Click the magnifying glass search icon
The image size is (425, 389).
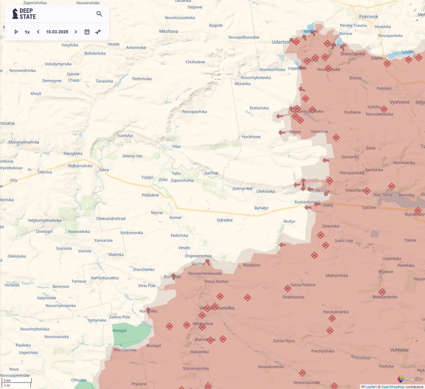coord(99,14)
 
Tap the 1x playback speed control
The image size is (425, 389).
coord(27,32)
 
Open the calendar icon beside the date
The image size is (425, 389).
coord(87,32)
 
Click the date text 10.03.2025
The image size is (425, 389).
coord(57,32)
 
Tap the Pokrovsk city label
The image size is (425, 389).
coord(368,17)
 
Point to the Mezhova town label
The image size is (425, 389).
coord(168,31)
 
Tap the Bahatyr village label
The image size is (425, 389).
coord(261,207)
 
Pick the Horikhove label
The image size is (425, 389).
coord(251,137)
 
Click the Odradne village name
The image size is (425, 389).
coord(225,220)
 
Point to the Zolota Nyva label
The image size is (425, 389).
coord(284,341)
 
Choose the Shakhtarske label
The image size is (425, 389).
coord(293,297)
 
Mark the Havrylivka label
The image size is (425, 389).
coord(73,153)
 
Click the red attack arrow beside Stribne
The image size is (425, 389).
coord(281,132)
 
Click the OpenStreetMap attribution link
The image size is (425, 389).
coord(393,387)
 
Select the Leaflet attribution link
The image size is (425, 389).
coord(370,387)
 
